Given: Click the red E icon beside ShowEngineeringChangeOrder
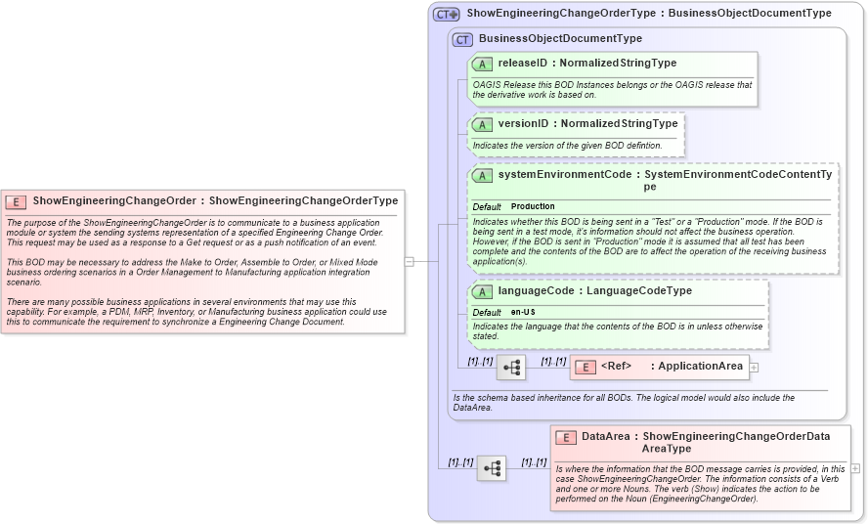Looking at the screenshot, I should tap(16, 201).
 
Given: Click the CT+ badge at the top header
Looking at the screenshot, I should tap(447, 14).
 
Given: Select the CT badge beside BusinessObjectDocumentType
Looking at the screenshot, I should tap(462, 39).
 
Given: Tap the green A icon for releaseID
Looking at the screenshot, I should tap(482, 64).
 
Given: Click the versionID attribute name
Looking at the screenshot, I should tap(523, 124).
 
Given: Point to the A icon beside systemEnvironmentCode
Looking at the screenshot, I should tap(482, 175).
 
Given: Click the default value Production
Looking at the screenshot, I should tap(533, 206).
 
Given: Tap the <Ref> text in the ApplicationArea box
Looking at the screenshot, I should tap(615, 367).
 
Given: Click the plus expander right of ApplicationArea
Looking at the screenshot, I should tap(754, 368).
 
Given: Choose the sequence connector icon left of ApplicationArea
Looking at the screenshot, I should tap(511, 368).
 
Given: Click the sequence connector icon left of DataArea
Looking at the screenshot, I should tap(492, 469).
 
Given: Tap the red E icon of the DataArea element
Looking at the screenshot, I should tap(565, 437).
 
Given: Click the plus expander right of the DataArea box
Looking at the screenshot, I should tap(855, 468).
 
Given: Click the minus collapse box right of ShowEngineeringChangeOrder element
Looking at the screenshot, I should tap(409, 262).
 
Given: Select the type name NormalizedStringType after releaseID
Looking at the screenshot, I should tap(618, 64).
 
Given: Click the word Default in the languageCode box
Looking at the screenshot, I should tap(487, 312).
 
